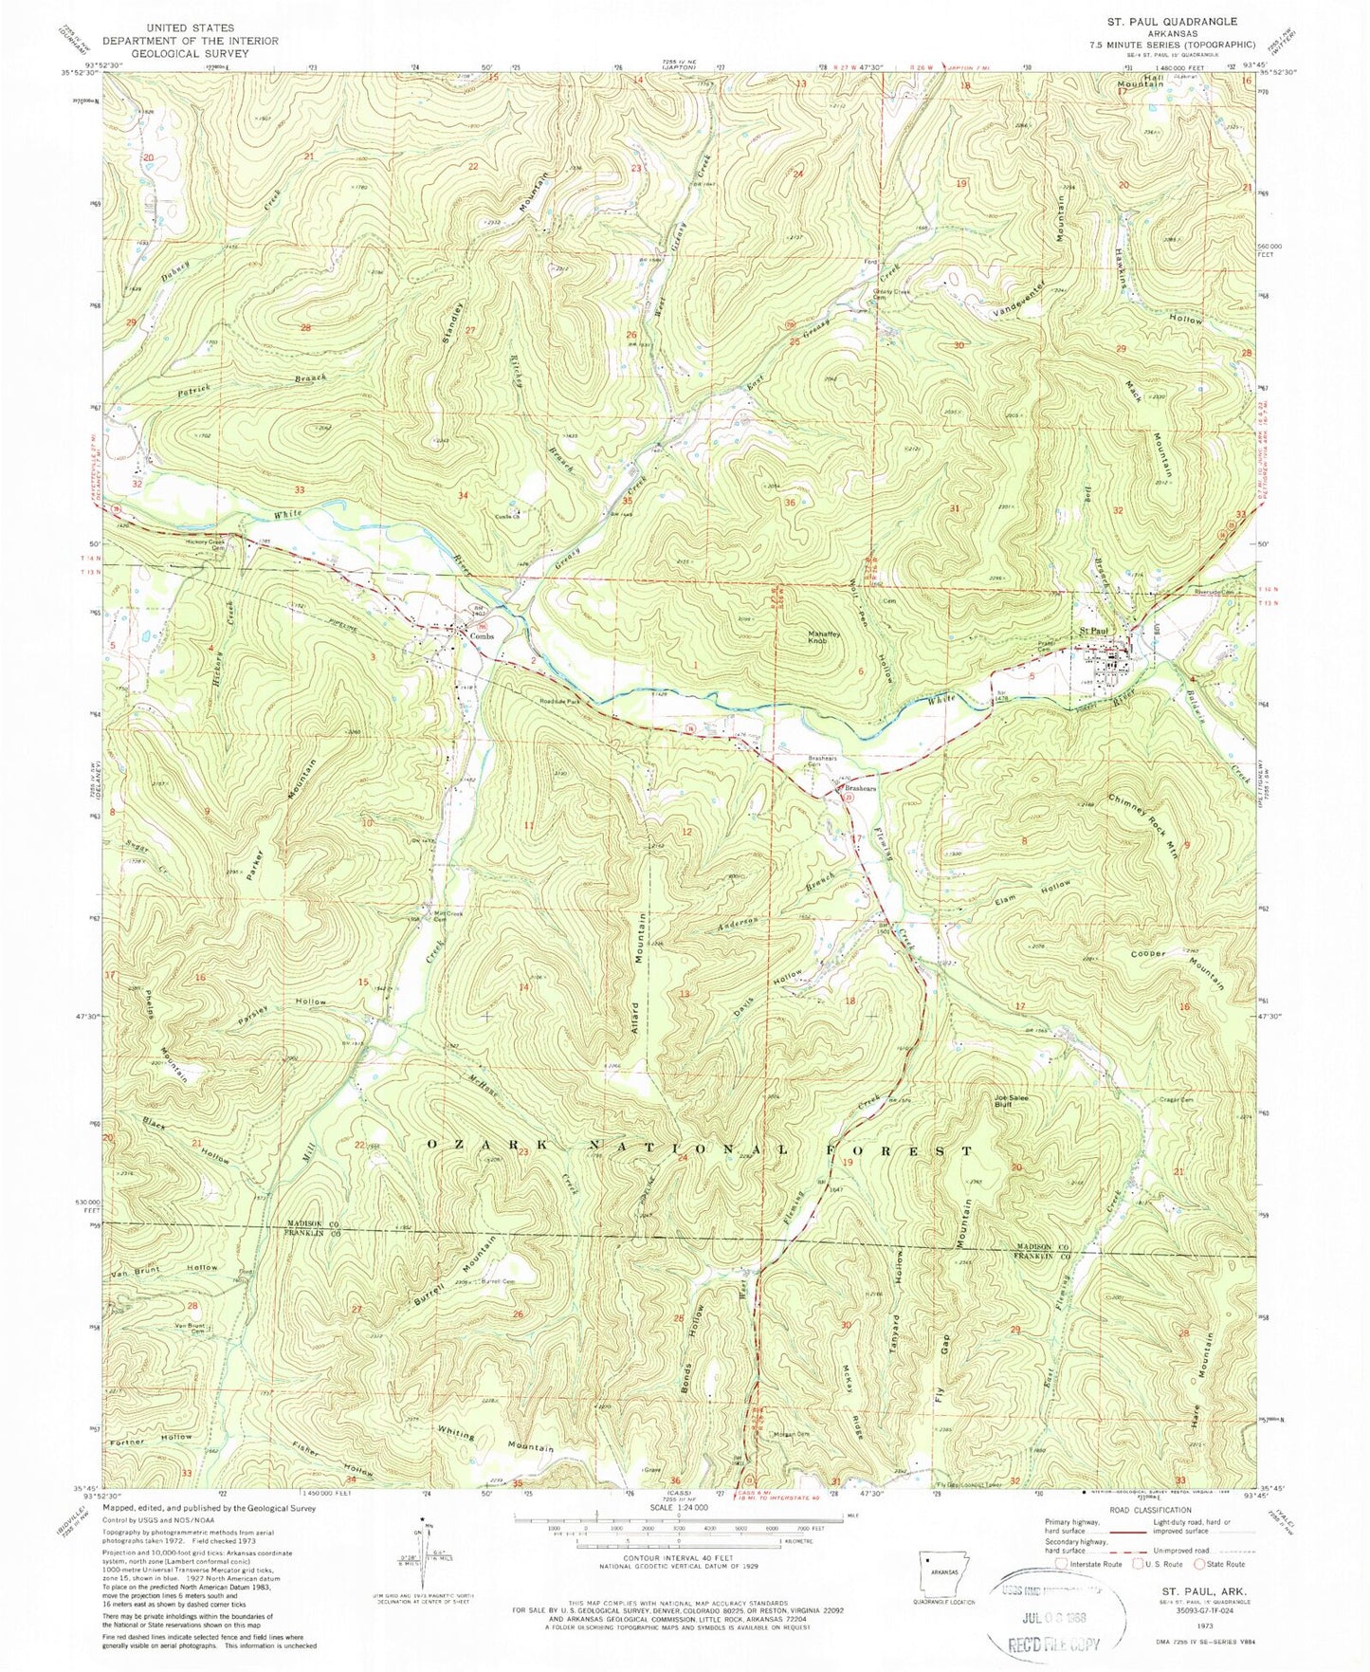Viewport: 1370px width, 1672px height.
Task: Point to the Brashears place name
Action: click(x=860, y=789)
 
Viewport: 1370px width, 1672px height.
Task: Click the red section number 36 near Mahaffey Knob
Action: click(x=790, y=503)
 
